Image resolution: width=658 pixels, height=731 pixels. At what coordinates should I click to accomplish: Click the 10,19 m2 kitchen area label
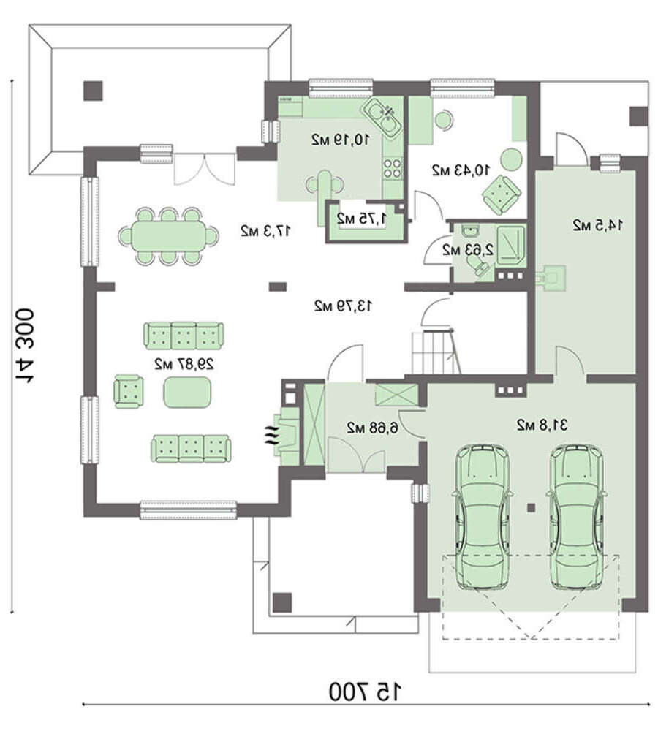341,139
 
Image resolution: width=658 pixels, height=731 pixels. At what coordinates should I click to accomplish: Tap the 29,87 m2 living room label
185,364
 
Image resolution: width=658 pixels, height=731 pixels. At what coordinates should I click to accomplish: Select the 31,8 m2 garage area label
542,425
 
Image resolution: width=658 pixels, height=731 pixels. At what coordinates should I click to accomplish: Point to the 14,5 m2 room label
597,225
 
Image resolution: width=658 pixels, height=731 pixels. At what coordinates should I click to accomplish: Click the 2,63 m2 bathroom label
468,250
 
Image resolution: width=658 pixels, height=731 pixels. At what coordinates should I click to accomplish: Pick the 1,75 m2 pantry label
361,218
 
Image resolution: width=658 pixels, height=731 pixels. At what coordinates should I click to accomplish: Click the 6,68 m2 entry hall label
372,428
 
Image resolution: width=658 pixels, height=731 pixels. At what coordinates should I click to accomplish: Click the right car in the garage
577,517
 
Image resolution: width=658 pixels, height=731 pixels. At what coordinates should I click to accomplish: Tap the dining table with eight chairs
168,236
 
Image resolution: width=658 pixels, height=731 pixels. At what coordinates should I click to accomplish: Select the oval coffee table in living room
187,392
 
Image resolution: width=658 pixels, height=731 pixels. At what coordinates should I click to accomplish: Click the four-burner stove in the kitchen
392,168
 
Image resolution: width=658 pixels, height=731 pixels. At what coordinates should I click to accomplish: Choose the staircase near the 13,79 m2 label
435,352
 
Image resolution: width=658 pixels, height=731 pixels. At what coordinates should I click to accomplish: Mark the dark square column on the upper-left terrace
93,91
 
